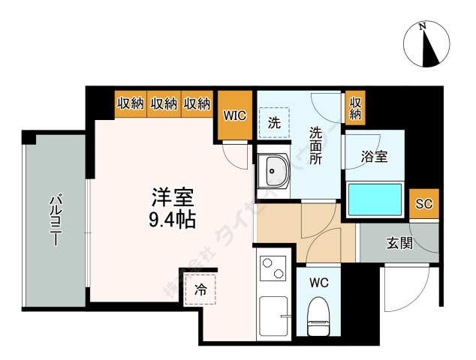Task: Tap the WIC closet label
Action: click(x=234, y=115)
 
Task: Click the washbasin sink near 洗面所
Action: click(x=274, y=173)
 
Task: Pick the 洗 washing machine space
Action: click(x=274, y=124)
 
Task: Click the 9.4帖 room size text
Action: click(x=172, y=220)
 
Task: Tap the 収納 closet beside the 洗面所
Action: click(x=355, y=109)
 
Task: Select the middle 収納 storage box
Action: click(x=164, y=104)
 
